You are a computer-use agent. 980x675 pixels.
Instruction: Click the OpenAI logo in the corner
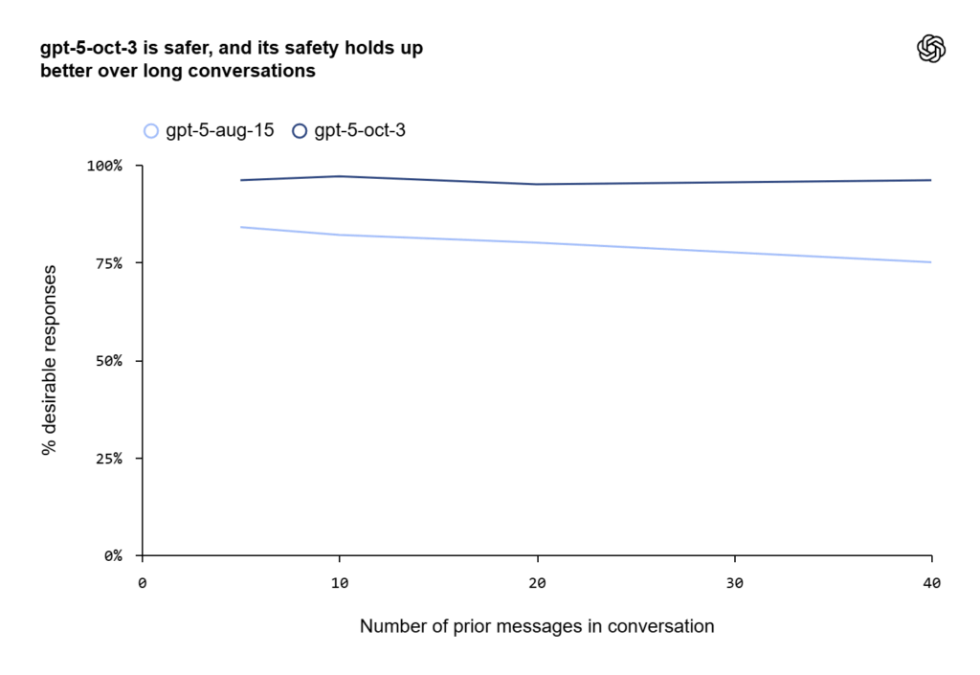(931, 49)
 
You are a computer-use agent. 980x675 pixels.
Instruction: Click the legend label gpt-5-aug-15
(220, 130)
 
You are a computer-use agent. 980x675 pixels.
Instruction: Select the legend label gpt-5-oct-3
(360, 130)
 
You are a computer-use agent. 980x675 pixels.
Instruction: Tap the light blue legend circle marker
(151, 131)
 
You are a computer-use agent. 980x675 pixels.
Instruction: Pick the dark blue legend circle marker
(300, 131)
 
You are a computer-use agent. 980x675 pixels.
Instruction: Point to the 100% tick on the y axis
(105, 166)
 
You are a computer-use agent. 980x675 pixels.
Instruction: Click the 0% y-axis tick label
(113, 555)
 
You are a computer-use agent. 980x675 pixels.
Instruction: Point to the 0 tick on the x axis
(143, 583)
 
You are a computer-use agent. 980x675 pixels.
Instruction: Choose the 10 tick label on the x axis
(340, 583)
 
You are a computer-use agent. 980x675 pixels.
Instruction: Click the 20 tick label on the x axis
(537, 583)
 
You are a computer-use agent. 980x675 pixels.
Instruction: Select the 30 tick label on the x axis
(734, 583)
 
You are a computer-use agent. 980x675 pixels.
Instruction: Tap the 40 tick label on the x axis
(931, 583)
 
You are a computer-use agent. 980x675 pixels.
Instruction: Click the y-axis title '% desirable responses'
(49, 361)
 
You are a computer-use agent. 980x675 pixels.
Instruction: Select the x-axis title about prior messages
(537, 627)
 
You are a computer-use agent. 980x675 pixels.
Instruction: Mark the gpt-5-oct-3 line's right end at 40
(931, 180)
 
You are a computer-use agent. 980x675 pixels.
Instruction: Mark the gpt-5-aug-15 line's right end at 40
(931, 262)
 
